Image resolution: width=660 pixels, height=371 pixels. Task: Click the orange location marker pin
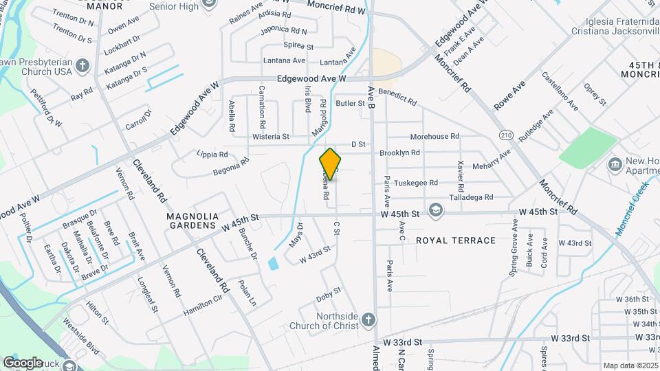pos(331,164)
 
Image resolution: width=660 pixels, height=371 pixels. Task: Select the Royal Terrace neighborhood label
pos(456,240)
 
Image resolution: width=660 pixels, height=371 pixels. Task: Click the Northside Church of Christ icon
pos(369,320)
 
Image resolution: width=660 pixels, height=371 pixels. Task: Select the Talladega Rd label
pos(470,197)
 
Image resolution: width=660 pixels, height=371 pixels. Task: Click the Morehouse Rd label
pos(434,137)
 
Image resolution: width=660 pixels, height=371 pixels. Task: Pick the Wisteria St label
pos(270,137)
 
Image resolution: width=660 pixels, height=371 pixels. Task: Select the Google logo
pos(23,362)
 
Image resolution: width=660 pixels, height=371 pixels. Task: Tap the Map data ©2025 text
pos(630,366)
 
